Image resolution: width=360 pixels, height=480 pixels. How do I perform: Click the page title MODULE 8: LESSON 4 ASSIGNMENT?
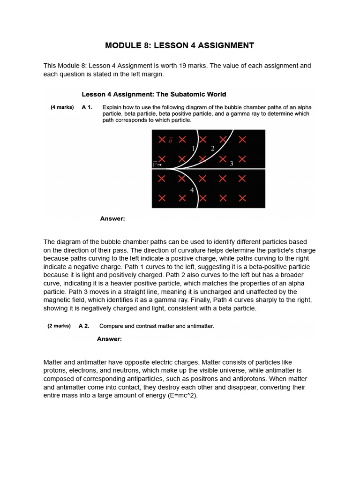(x=180, y=45)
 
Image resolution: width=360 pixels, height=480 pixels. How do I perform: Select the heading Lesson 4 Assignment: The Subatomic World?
(x=154, y=94)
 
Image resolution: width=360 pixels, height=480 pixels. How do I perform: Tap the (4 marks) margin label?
(x=62, y=107)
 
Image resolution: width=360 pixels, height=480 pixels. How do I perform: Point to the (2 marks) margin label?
(x=59, y=326)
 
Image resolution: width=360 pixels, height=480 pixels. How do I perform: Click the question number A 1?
(x=87, y=107)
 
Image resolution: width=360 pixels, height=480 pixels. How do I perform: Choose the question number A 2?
(x=84, y=326)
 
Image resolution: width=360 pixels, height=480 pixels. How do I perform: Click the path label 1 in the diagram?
(x=193, y=149)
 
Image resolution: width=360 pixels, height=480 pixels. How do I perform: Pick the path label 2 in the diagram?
(x=212, y=148)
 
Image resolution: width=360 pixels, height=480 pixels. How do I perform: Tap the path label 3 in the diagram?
(x=231, y=164)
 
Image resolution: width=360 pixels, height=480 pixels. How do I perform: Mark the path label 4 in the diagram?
(x=192, y=190)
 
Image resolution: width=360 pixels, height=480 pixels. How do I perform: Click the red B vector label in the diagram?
(x=170, y=140)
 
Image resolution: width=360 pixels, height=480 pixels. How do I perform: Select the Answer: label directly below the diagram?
(x=112, y=218)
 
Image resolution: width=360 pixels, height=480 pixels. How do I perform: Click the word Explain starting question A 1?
(x=113, y=107)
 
